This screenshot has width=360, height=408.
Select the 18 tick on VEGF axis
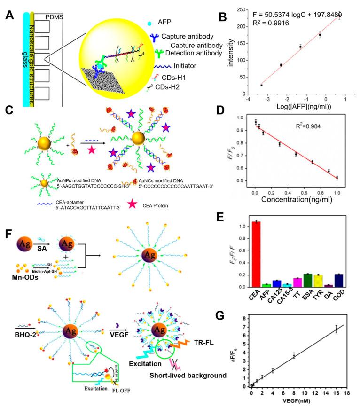(x=347, y=391)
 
